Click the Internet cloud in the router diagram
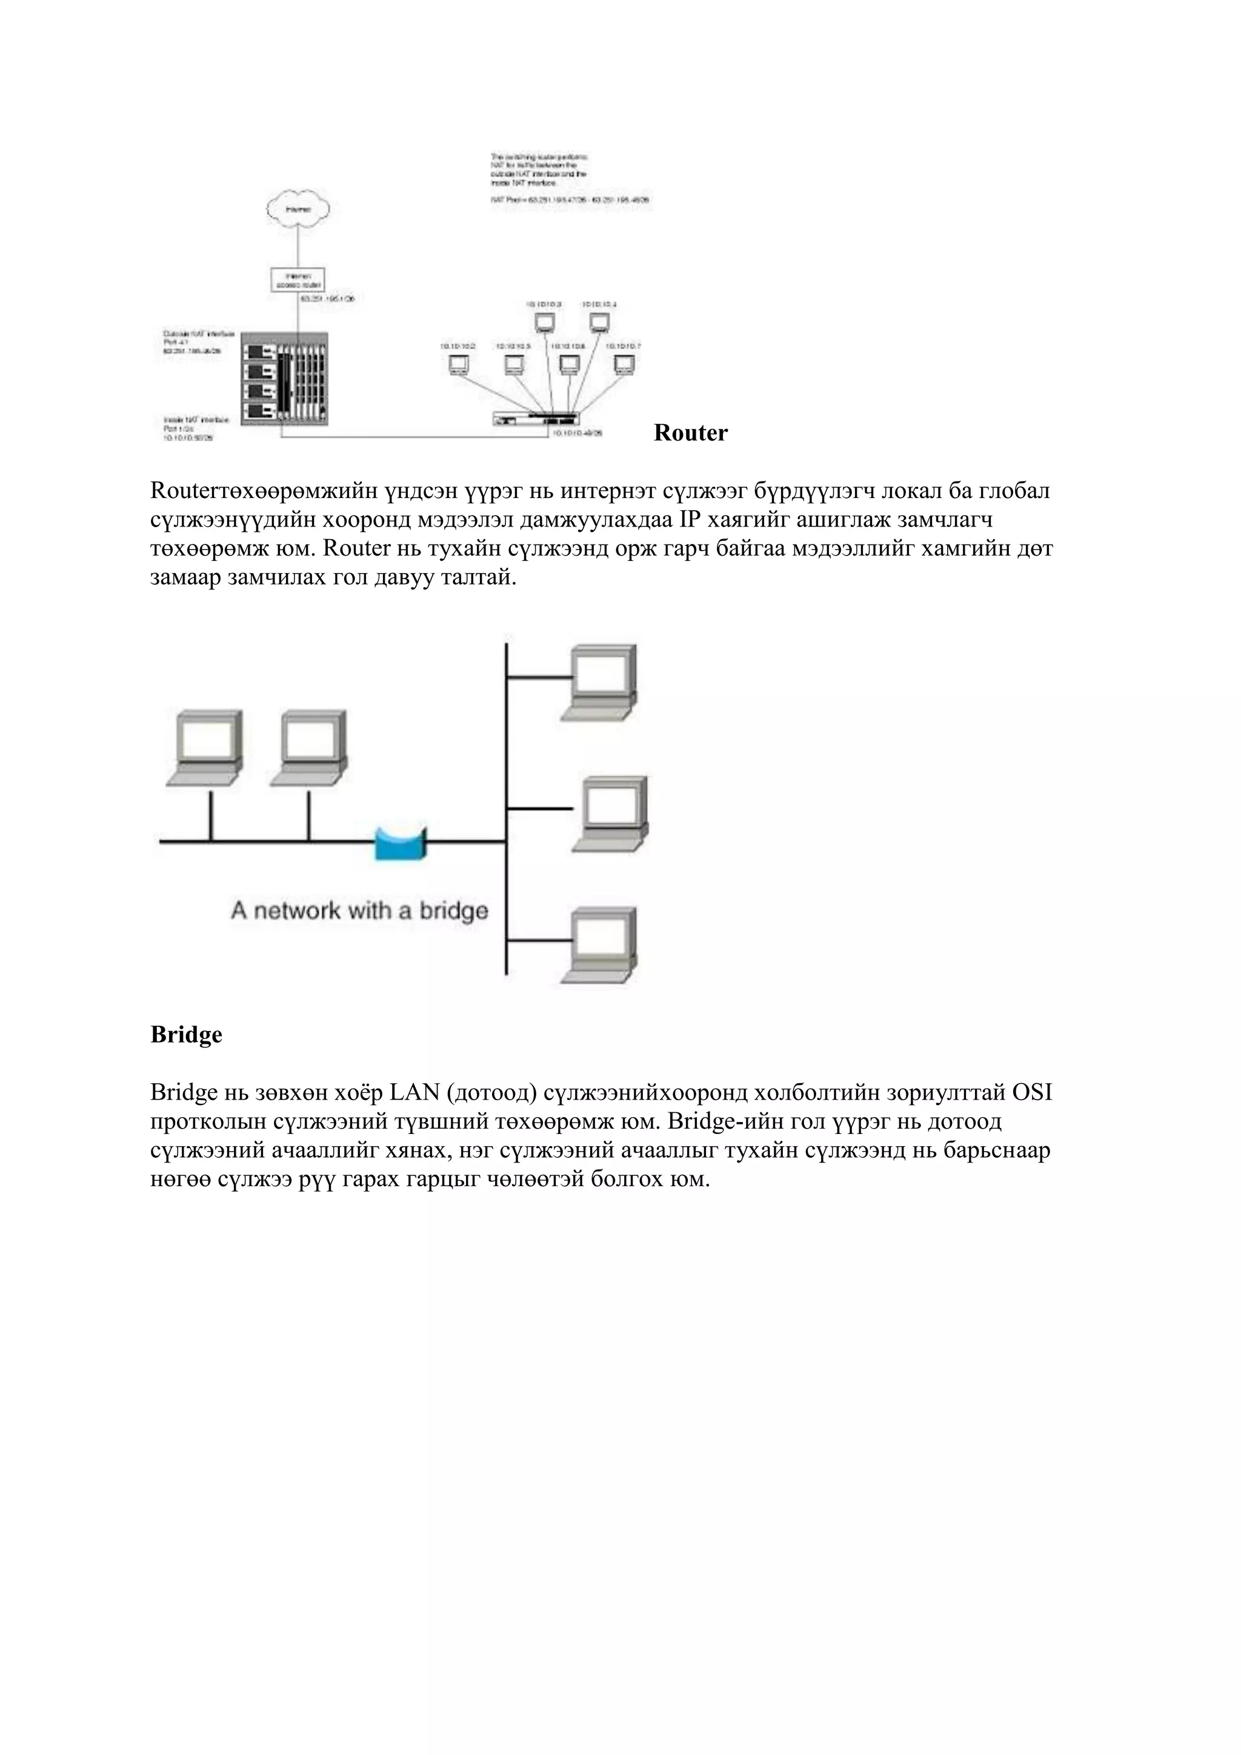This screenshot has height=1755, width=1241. [x=298, y=208]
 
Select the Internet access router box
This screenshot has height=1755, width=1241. [x=298, y=279]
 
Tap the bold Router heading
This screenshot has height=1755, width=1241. [x=690, y=433]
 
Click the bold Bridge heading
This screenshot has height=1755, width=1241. [x=187, y=1035]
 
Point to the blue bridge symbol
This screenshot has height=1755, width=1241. [x=400, y=844]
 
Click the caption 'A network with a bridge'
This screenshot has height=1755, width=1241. [x=359, y=911]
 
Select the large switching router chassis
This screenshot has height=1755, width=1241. [x=284, y=380]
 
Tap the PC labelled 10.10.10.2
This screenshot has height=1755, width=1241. [x=458, y=365]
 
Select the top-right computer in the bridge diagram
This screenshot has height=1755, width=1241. [x=601, y=682]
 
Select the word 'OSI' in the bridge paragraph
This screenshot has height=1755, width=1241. [x=1033, y=1092]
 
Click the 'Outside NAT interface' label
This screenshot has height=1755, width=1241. [x=198, y=335]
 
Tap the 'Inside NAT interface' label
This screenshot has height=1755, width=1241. [x=196, y=420]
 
